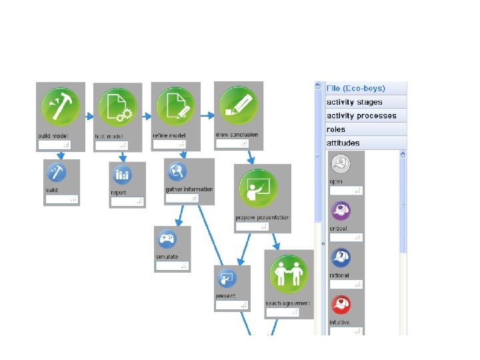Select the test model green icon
pyautogui.click(x=117, y=107)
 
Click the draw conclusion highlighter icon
pyautogui.click(x=238, y=105)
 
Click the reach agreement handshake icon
pyautogui.click(x=288, y=274)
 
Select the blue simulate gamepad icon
pyautogui.click(x=166, y=239)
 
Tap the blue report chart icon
pyautogui.click(x=123, y=175)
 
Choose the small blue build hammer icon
pyautogui.click(x=56, y=173)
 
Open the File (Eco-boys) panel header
pyautogui.click(x=365, y=88)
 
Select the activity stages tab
pyautogui.click(x=365, y=102)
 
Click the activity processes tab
pyautogui.click(x=365, y=115)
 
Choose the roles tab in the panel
pyautogui.click(x=365, y=129)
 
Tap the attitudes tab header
pyautogui.click(x=365, y=143)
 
